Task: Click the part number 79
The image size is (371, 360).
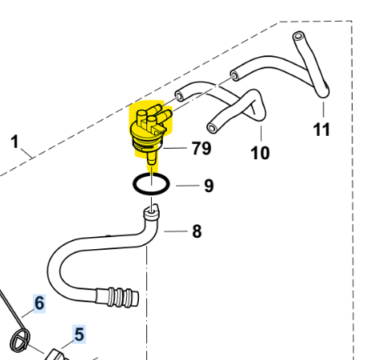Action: pos(202,148)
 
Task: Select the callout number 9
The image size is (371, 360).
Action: pos(209,186)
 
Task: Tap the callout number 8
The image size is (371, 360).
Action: pos(197,231)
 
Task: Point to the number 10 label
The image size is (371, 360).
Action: pos(260,153)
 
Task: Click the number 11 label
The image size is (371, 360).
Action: pos(322,129)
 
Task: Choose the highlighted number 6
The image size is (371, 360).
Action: pos(39,303)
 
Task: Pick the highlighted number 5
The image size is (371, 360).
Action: pos(79,334)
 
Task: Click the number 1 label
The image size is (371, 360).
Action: pos(15,141)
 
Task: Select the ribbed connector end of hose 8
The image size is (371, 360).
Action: pos(118,297)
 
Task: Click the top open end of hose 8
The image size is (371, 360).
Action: pos(151,213)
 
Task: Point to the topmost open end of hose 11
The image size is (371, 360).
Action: pos(298,36)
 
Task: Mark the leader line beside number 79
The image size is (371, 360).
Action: pos(175,148)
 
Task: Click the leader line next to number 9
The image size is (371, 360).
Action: pos(188,186)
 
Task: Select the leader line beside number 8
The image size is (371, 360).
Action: pos(176,231)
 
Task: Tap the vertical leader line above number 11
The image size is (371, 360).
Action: pos(324,110)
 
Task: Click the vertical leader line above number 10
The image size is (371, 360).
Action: pos(261,133)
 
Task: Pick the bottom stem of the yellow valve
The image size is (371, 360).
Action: pos(152,159)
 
